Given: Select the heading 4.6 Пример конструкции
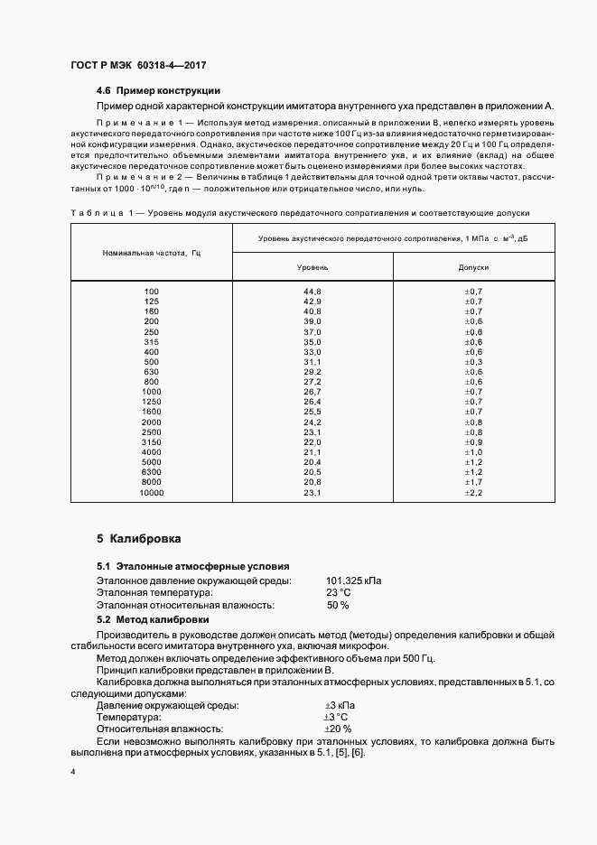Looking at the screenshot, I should (158, 91).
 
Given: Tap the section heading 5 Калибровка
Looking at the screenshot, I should (139, 539).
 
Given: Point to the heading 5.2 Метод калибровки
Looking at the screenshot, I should (153, 620).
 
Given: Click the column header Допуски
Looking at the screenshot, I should (473, 268).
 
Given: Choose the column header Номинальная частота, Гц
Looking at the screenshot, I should (151, 252).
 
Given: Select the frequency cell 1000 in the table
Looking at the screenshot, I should (151, 392).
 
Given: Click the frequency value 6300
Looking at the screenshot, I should (151, 472).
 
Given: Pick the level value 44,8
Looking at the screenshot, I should (312, 291).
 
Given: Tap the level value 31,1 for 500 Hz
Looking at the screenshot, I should (312, 361).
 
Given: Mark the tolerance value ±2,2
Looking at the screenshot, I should (473, 493).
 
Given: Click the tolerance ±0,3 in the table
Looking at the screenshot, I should (473, 361).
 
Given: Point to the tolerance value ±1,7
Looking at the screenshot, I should (473, 483).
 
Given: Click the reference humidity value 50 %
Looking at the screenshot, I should (338, 606).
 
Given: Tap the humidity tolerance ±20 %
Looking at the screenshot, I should (338, 729).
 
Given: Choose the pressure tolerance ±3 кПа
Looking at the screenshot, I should (340, 704).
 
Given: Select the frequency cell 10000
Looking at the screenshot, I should (151, 493).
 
